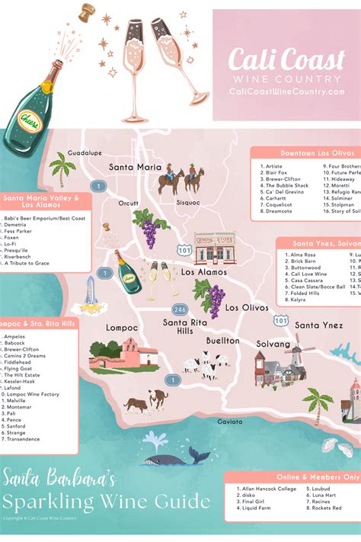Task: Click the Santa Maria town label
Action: [x=135, y=167]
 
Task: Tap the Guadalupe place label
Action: [x=85, y=152]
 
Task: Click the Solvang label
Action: [x=274, y=345]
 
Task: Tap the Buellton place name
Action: [x=222, y=341]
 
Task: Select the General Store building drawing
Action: [x=214, y=249]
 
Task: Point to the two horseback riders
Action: [x=180, y=180]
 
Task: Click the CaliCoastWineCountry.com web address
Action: [x=286, y=91]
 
